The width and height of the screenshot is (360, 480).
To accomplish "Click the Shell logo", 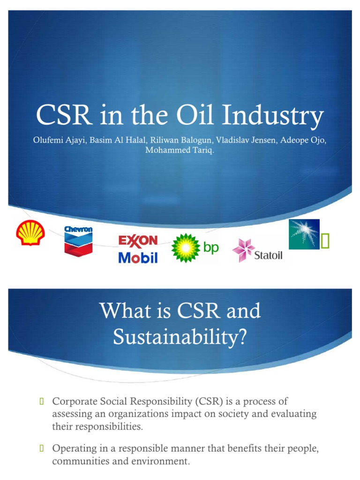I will pyautogui.click(x=30, y=233).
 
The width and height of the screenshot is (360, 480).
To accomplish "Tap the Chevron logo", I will pyautogui.click(x=78, y=240).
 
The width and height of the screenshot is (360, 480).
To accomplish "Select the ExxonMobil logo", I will pyautogui.click(x=138, y=249).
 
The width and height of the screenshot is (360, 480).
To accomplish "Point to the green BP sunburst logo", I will pyautogui.click(x=186, y=247).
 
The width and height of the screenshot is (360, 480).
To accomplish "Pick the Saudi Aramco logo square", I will pyautogui.click(x=304, y=234).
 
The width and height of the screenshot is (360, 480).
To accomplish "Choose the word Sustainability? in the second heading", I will pyautogui.click(x=180, y=337).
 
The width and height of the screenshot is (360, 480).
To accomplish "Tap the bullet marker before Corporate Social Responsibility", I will pyautogui.click(x=41, y=401).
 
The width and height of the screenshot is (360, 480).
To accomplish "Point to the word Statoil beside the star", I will pyautogui.click(x=269, y=256).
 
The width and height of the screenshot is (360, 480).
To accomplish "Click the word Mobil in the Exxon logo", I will pyautogui.click(x=138, y=257).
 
